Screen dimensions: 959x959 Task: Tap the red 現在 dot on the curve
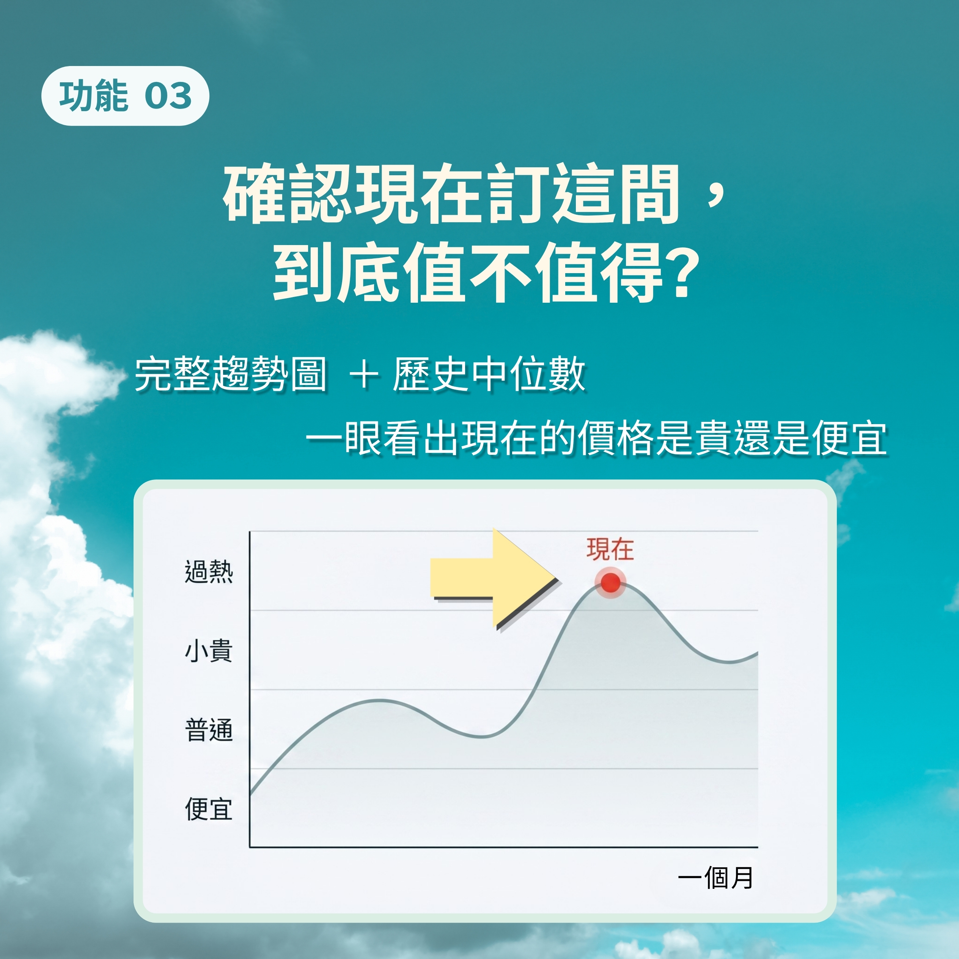tap(610, 583)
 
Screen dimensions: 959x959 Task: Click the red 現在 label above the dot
tap(610, 549)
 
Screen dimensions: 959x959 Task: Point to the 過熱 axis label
tap(209, 571)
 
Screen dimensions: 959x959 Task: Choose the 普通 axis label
tap(209, 730)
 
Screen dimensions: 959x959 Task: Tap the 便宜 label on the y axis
tap(209, 810)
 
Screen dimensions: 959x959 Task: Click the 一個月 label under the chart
tap(716, 877)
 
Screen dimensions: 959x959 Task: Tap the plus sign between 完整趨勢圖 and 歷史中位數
tap(364, 375)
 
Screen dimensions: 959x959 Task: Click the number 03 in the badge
tap(168, 96)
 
